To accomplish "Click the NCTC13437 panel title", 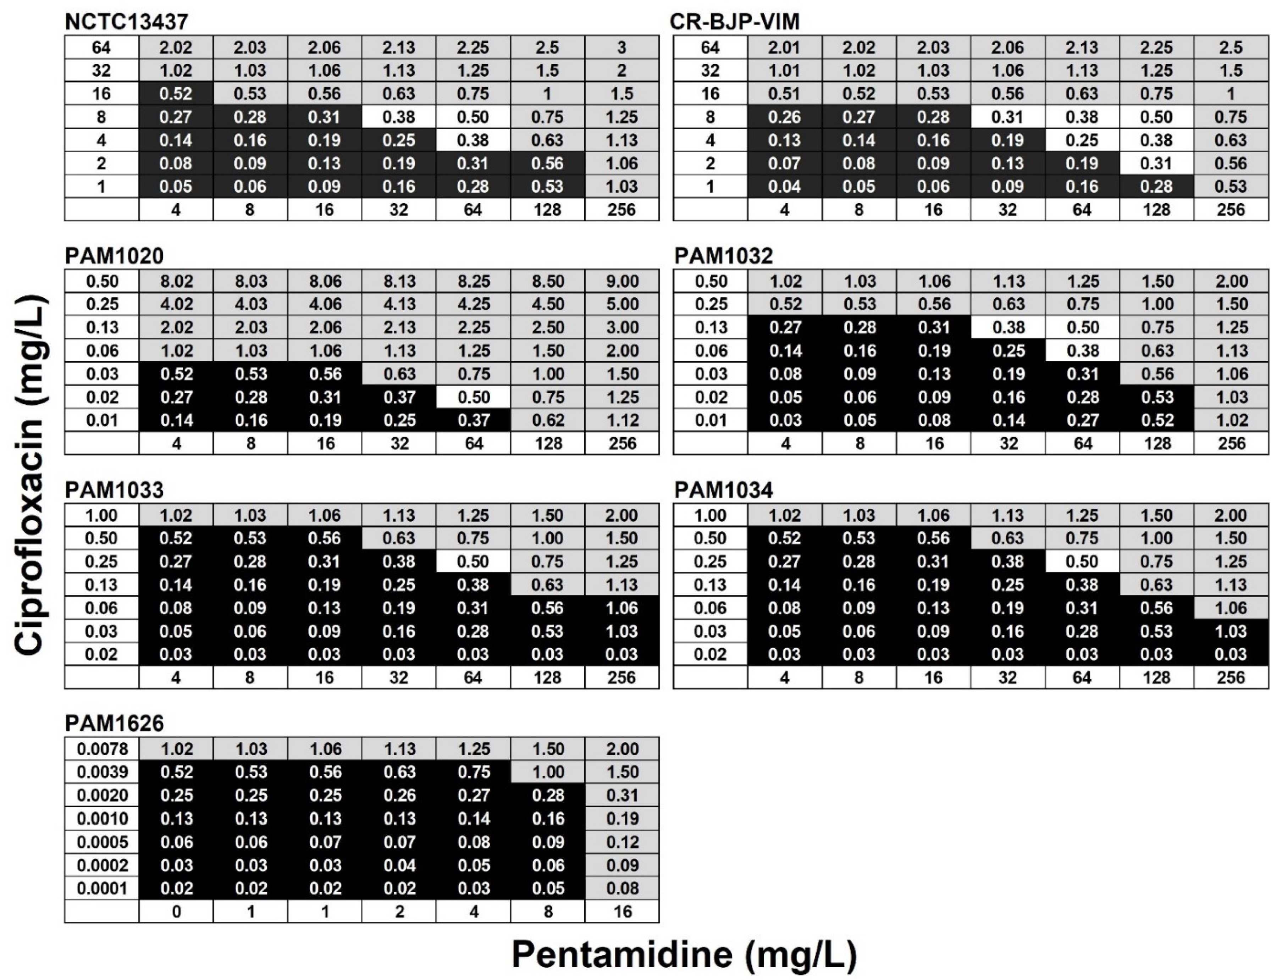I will pyautogui.click(x=127, y=22).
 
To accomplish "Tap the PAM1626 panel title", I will pyautogui.click(x=114, y=723).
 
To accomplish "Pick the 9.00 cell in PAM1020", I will pyautogui.click(x=622, y=281).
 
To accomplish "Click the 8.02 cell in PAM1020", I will pyautogui.click(x=176, y=281).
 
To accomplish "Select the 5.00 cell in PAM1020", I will pyautogui.click(x=622, y=304).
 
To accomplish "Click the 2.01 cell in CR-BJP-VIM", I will pyautogui.click(x=784, y=47).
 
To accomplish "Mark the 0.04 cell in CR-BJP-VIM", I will pyautogui.click(x=784, y=187).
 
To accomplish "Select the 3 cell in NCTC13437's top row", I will pyautogui.click(x=622, y=47).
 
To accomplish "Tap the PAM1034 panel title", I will pyautogui.click(x=723, y=490).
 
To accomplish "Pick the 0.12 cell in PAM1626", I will pyautogui.click(x=622, y=842).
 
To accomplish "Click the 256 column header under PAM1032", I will pyautogui.click(x=1231, y=444).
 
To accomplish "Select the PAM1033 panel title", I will pyautogui.click(x=114, y=490).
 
